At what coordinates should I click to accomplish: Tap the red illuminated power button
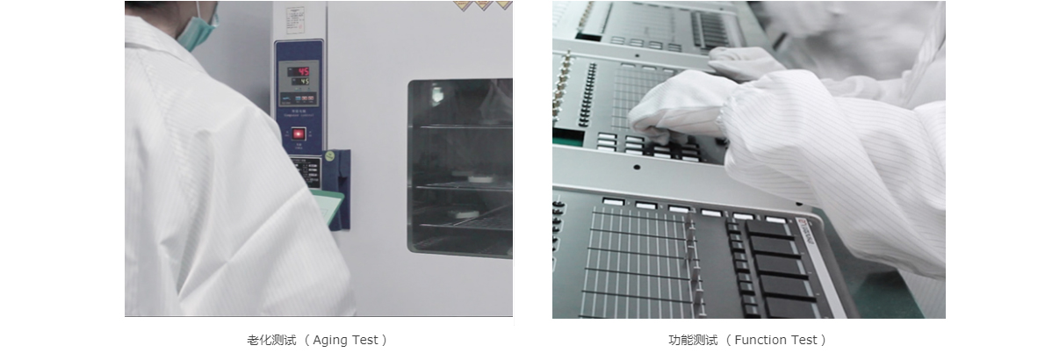pos(299,133)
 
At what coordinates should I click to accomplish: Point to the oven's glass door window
pos(459,167)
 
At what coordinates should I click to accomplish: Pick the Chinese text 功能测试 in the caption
pos(693,340)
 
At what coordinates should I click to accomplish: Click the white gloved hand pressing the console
pos(672,105)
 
